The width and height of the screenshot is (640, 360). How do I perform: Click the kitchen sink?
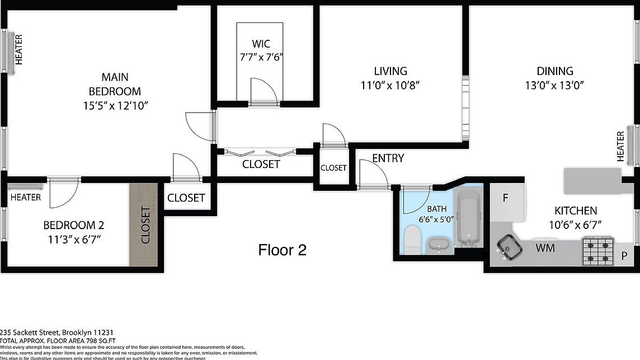click(510, 247)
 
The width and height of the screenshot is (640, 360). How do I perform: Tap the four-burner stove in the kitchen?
click(598, 250)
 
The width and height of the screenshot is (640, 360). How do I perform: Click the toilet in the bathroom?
click(411, 240)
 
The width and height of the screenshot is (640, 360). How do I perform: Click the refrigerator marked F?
click(506, 198)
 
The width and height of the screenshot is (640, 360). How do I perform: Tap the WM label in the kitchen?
click(545, 247)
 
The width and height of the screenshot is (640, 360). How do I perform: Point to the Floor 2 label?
click(282, 250)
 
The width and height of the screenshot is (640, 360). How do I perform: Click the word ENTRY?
click(388, 158)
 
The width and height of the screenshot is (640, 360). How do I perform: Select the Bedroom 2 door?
click(62, 193)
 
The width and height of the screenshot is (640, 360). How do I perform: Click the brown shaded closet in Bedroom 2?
click(144, 225)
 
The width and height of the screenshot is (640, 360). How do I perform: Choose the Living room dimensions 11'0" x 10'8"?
click(390, 86)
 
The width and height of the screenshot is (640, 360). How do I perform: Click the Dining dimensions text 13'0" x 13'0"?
click(555, 86)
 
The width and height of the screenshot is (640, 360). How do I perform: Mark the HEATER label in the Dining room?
click(620, 147)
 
